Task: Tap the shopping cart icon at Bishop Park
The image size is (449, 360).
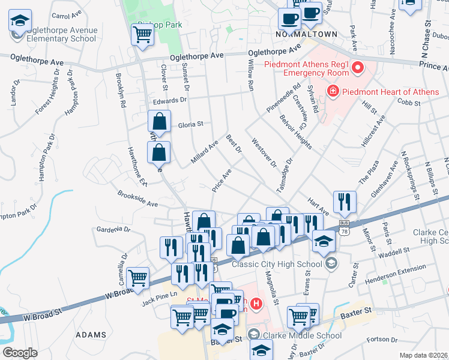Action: coord(143,35)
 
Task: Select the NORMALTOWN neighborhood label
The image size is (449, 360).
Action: coord(306,34)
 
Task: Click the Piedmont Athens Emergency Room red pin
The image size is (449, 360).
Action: coord(358,67)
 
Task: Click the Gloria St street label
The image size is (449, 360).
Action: coord(191,125)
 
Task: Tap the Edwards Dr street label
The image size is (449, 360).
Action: coord(166,101)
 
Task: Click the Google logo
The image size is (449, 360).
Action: coord(19,353)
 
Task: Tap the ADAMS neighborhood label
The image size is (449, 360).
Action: coord(92,335)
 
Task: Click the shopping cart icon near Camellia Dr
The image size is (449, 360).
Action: coord(139,278)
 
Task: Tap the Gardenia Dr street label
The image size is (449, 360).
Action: coord(113,229)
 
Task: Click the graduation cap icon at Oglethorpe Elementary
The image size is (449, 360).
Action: coord(20,22)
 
